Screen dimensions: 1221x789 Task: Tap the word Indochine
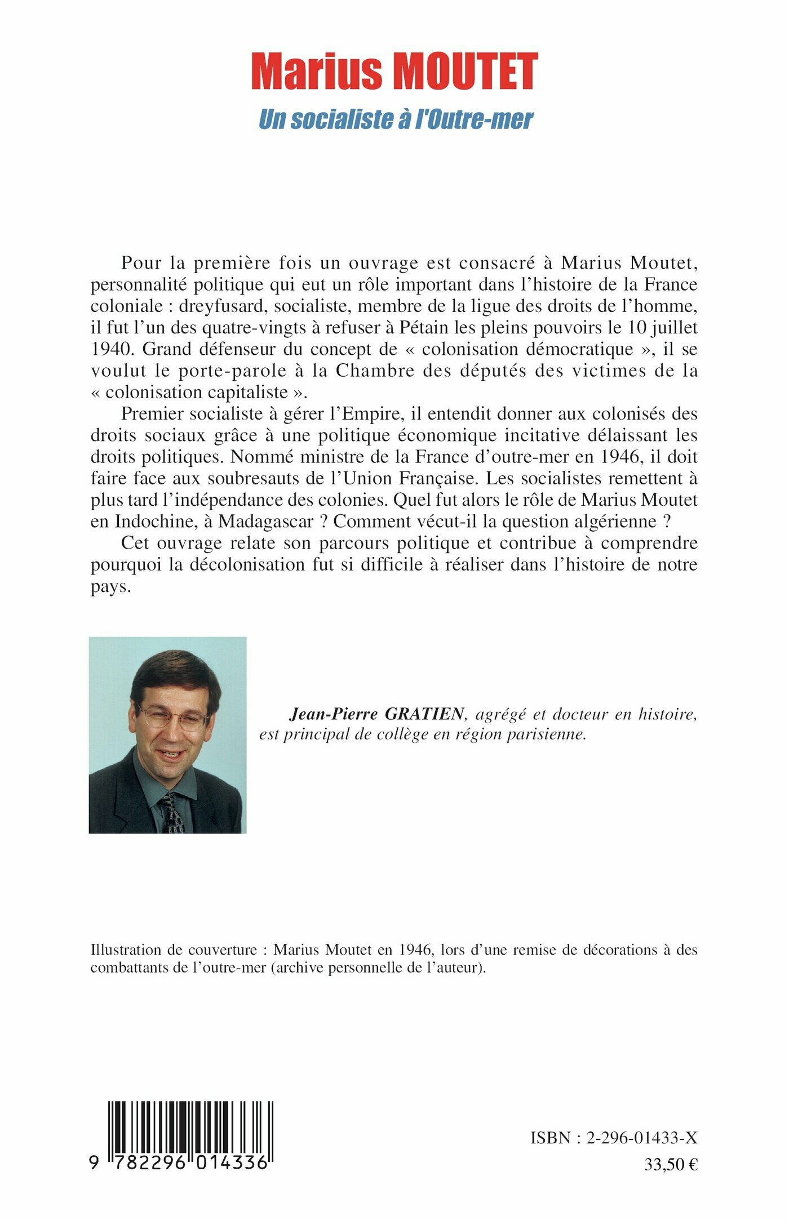(x=152, y=522)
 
